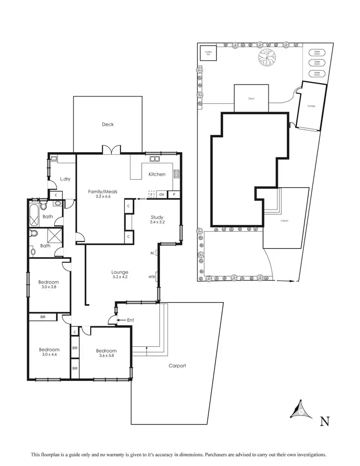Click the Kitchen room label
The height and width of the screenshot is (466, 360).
coord(156,174)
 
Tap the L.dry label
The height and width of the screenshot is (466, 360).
coord(65,179)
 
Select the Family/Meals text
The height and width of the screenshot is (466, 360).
coord(103,192)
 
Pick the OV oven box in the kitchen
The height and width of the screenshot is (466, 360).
coord(161,195)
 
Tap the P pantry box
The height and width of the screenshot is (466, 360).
coord(173,195)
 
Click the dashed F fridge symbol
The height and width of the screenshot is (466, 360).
coord(151,195)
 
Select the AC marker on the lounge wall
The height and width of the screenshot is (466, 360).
coord(152,253)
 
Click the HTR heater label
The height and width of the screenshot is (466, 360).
coord(152,277)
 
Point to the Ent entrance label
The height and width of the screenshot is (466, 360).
coord(131,320)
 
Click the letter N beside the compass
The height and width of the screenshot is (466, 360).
coord(325,422)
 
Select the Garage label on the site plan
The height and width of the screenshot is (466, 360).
coord(311,106)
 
